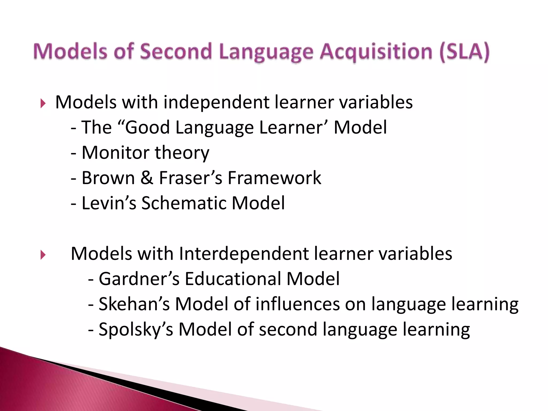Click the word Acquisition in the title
click(x=376, y=51)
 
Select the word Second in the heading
click(x=176, y=51)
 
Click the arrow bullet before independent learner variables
click(x=43, y=103)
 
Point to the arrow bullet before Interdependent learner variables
click(x=43, y=255)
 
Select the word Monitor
click(x=116, y=153)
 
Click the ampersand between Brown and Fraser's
click(x=147, y=178)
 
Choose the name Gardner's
click(x=139, y=279)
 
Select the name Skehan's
click(x=134, y=304)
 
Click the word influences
click(x=297, y=304)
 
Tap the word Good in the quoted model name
click(x=147, y=127)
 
